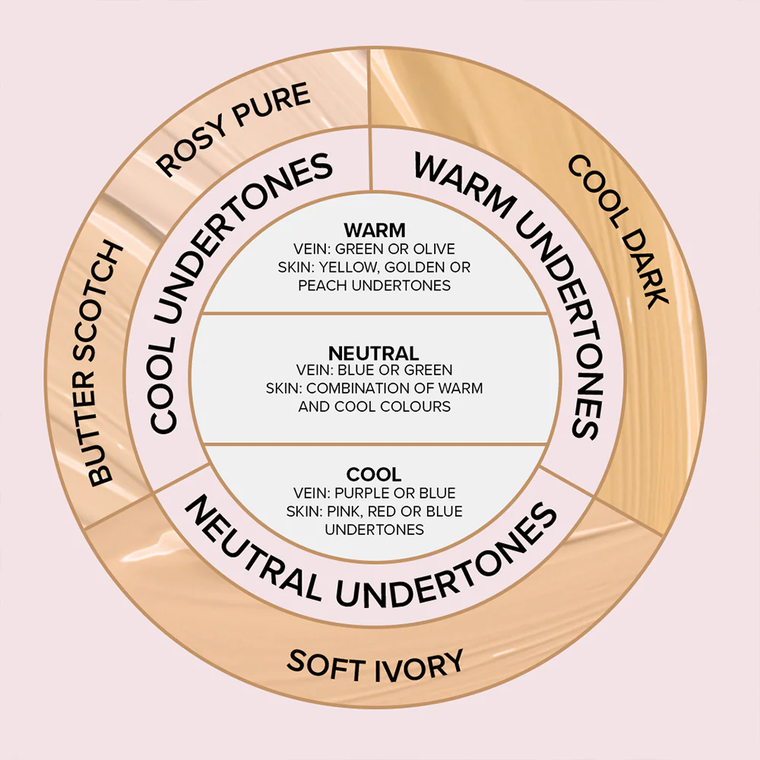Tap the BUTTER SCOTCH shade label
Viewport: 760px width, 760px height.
coord(106,364)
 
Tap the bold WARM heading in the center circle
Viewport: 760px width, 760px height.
coord(374,230)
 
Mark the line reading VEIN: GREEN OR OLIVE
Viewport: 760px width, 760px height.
coord(374,249)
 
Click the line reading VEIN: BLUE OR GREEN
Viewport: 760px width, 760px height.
coord(374,371)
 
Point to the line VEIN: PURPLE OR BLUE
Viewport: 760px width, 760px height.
coord(374,493)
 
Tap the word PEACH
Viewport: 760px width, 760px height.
coord(324,285)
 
